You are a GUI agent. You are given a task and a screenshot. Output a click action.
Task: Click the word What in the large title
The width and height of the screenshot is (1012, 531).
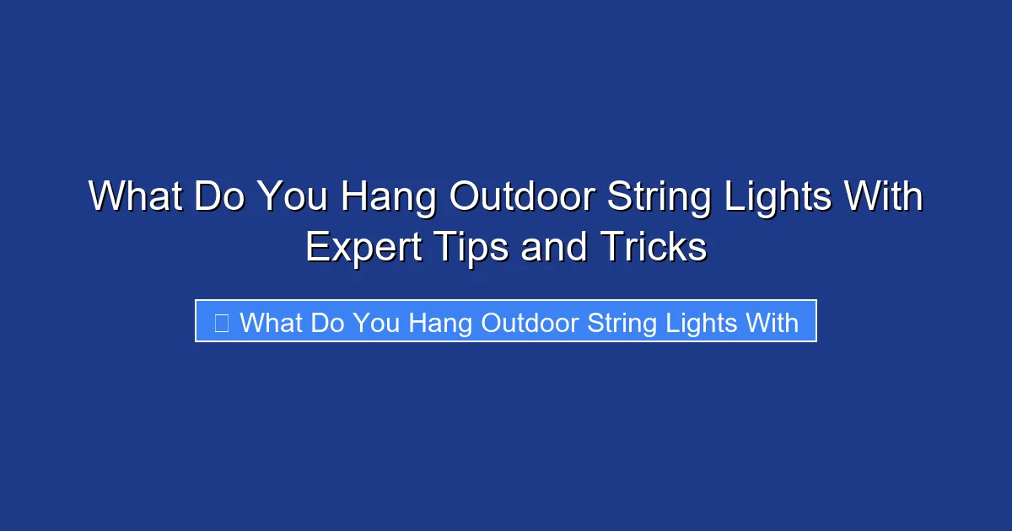tap(134, 198)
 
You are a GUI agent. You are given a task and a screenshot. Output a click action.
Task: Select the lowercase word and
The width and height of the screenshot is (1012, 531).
tap(552, 248)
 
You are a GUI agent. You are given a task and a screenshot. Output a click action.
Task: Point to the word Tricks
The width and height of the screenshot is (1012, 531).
tap(653, 248)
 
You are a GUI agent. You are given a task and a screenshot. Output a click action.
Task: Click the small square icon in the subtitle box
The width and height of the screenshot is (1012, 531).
tap(222, 322)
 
